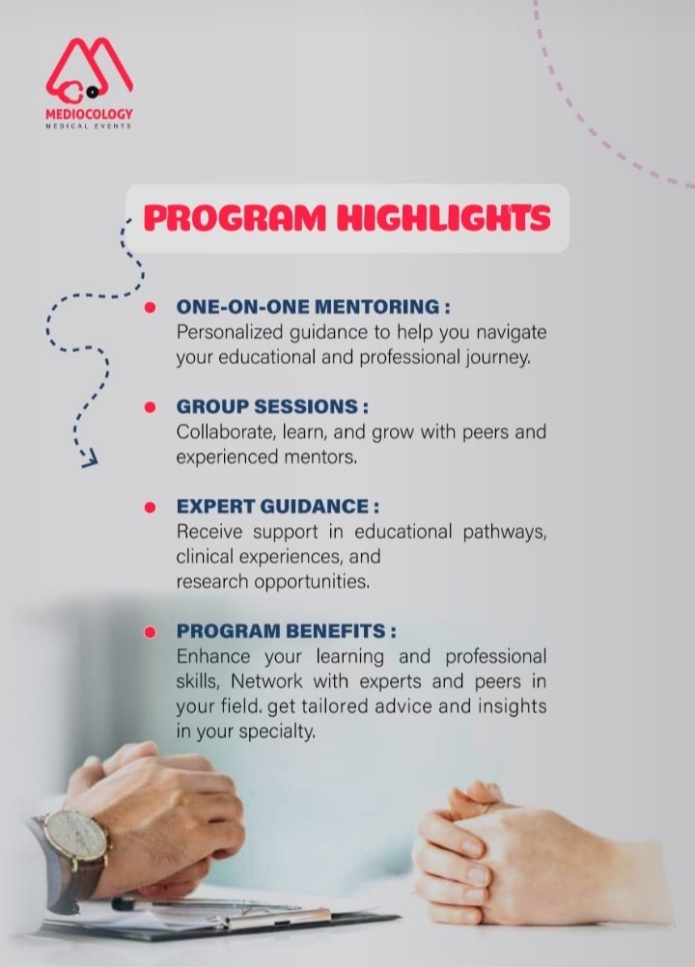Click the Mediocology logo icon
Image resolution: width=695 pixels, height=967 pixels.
pos(88,70)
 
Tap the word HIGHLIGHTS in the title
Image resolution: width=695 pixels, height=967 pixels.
pos(443,217)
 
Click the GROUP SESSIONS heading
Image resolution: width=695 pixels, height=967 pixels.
pos(266,407)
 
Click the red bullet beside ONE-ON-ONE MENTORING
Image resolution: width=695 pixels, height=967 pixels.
pos(150,308)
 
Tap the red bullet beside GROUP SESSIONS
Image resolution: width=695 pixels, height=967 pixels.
pos(150,407)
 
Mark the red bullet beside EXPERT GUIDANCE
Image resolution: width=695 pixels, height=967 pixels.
pos(150,507)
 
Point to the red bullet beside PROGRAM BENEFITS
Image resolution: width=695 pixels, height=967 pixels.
pos(150,632)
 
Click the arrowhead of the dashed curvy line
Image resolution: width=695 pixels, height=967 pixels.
pos(90,459)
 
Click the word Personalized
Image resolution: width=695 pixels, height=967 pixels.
pos(225,332)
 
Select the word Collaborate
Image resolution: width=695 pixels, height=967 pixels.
pos(219,431)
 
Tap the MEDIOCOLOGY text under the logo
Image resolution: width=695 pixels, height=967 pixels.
pos(89,114)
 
